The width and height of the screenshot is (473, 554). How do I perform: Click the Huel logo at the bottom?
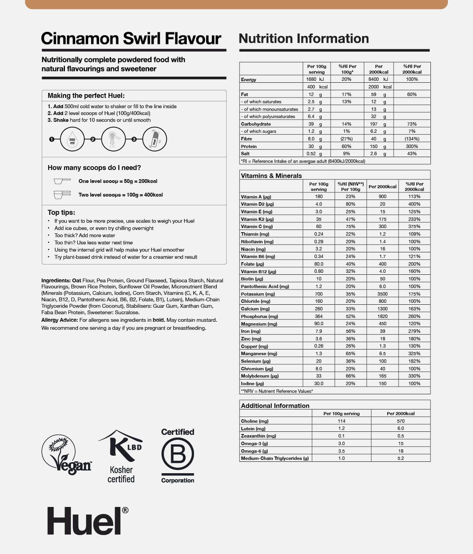pos(87,521)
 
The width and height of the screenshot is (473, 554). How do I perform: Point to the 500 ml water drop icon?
pos(72,140)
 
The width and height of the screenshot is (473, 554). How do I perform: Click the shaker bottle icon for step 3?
pos(155,140)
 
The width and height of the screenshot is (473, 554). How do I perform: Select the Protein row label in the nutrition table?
pos(249,146)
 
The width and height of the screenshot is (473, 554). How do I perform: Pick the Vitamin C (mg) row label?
pos(257,227)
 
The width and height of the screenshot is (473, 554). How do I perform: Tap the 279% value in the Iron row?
pos(414,331)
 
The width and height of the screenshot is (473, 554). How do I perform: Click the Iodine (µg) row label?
pos(252,384)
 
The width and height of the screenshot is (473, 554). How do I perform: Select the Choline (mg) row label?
pos(255,421)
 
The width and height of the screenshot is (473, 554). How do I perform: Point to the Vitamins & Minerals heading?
pos(271,176)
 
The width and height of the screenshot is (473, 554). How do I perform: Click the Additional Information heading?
pos(275,406)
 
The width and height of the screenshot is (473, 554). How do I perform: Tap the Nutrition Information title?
pos(304,38)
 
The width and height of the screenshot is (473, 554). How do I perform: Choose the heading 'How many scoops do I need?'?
pos(94,168)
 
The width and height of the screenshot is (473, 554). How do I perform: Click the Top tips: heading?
pos(61,212)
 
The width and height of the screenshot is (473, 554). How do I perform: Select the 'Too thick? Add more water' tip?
pos(85,236)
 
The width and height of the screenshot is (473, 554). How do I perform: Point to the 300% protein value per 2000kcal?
pos(412,146)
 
